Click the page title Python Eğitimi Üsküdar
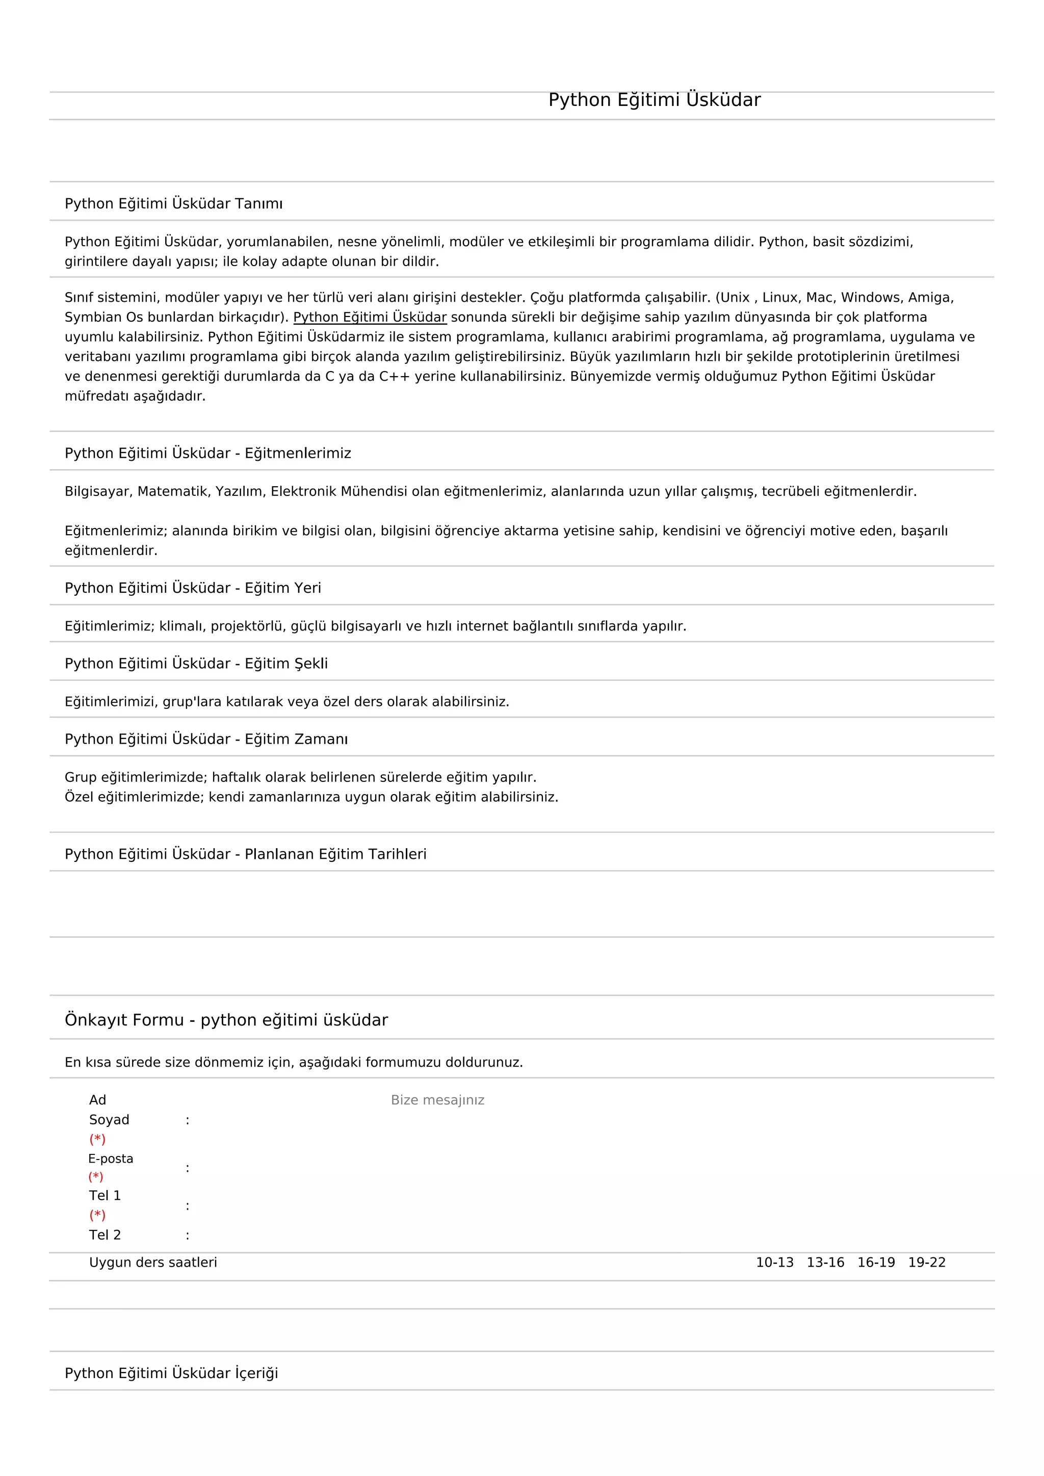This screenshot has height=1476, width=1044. point(654,100)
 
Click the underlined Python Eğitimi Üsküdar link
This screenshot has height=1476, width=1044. point(370,318)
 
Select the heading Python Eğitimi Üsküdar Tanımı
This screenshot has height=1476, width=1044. point(173,204)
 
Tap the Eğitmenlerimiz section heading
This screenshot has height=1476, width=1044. point(207,453)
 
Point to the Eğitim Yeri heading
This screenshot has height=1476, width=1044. point(193,588)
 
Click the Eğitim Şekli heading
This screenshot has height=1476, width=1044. point(196,664)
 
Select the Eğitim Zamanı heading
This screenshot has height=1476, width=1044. point(206,740)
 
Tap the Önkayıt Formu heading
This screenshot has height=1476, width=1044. point(226,1020)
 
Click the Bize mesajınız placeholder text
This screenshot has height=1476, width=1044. point(437,1100)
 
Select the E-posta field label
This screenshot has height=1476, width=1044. point(111,1159)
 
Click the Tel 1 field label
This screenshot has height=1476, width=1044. point(105,1196)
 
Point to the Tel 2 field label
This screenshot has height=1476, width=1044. point(105,1235)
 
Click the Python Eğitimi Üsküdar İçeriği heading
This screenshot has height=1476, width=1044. point(171,1373)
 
